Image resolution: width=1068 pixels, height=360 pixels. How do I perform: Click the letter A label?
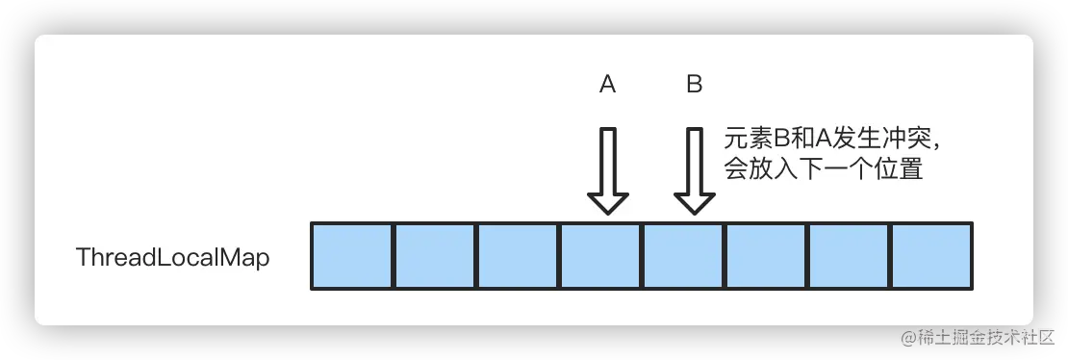tap(607, 85)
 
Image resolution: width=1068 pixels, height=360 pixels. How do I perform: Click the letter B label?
tap(694, 85)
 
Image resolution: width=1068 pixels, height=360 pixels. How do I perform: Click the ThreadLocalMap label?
tap(172, 258)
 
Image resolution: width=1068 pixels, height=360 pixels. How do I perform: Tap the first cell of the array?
tap(352, 256)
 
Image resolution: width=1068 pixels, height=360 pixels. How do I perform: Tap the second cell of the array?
tap(435, 256)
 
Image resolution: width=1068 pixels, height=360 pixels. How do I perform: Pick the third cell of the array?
tap(518, 256)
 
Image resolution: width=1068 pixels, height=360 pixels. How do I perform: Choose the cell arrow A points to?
tap(600, 256)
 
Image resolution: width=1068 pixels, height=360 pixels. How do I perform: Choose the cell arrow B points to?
tap(683, 256)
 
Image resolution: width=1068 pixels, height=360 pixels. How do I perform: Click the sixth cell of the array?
tap(766, 256)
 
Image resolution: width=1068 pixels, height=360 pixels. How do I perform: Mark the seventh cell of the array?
tap(849, 256)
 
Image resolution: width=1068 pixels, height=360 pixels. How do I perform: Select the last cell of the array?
tap(931, 256)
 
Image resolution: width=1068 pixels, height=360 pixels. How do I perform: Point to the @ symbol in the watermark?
tap(905, 336)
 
